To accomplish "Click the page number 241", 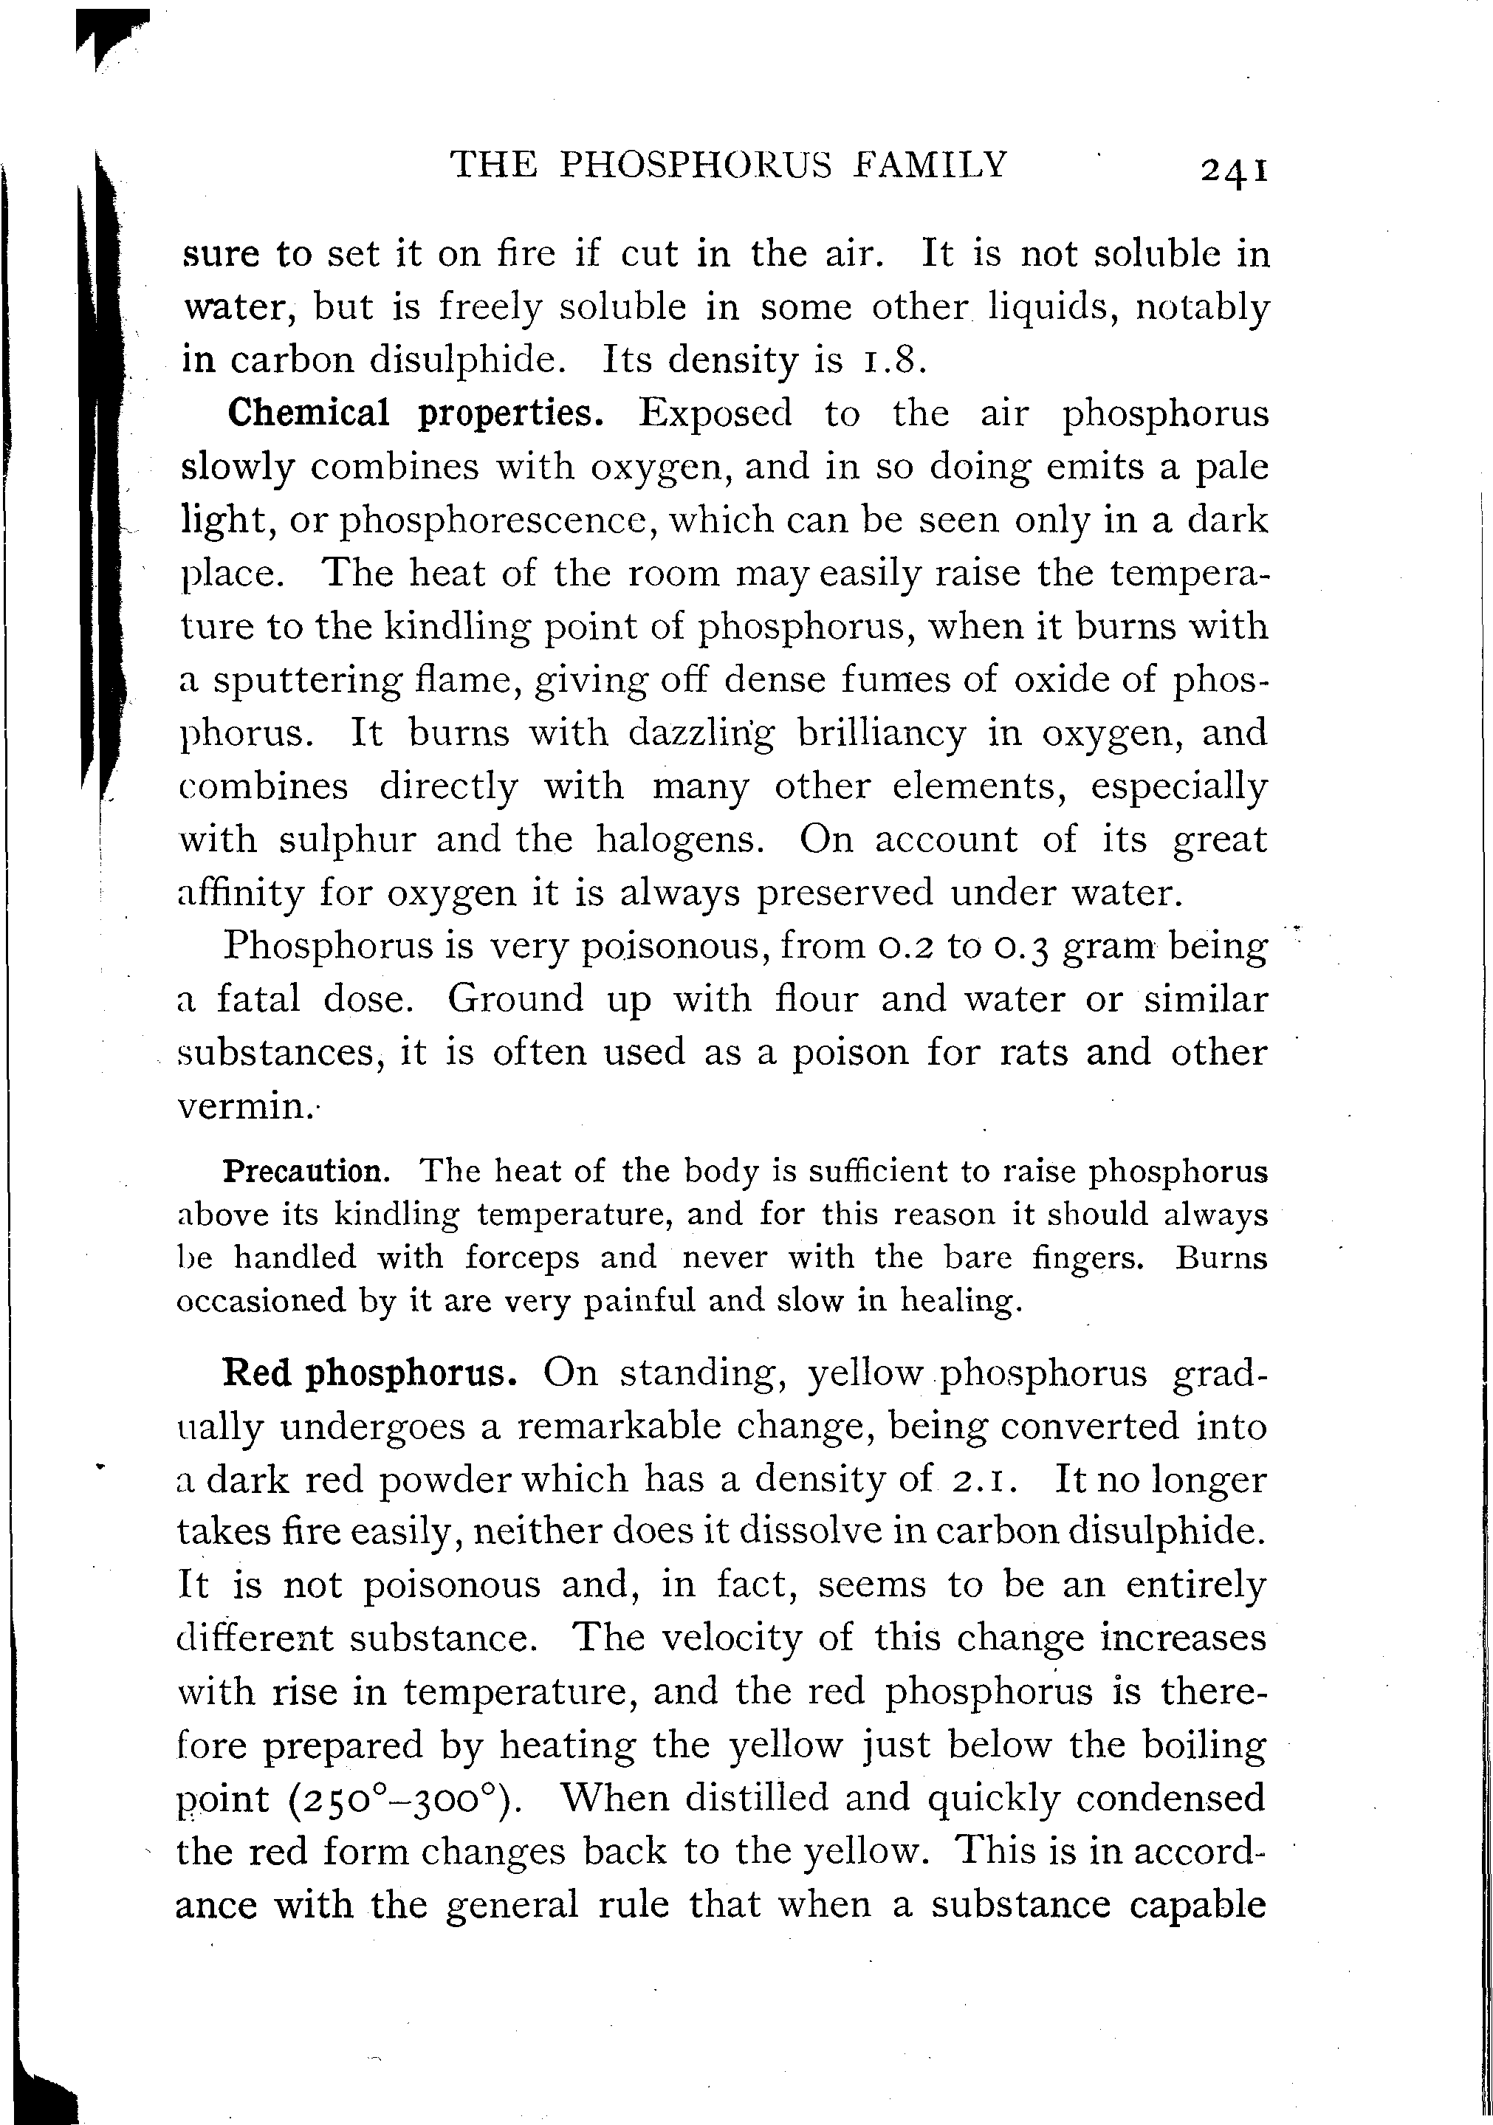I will tap(1233, 169).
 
